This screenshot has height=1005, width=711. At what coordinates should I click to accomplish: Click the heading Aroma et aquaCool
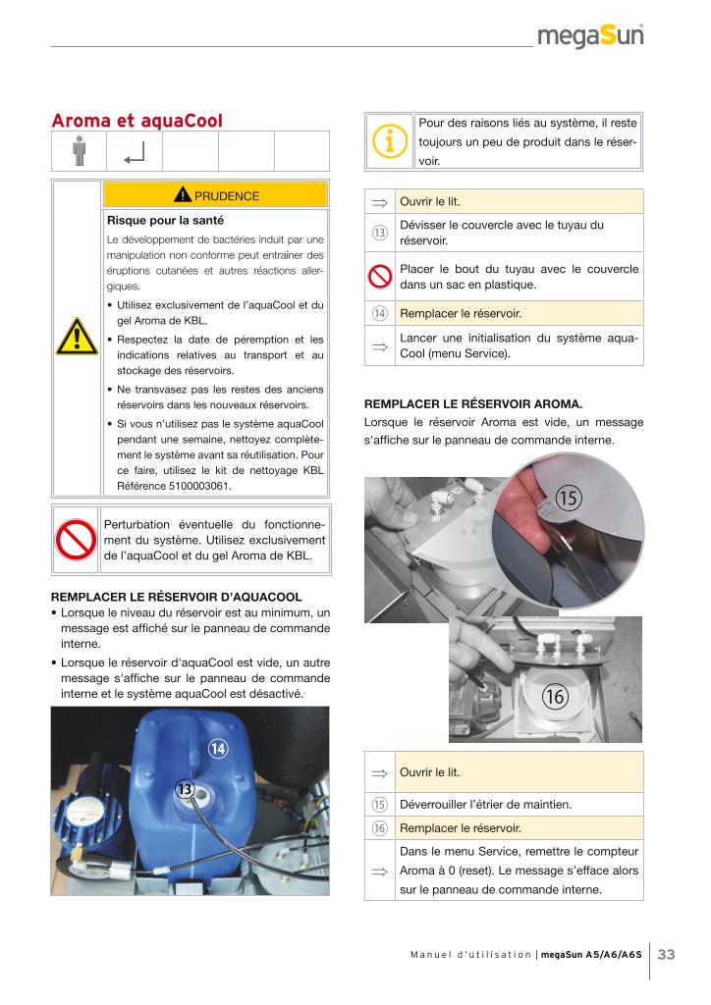pos(137,121)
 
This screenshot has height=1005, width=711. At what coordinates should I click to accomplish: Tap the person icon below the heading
pos(79,152)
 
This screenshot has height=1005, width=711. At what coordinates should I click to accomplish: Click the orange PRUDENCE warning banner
pos(215,195)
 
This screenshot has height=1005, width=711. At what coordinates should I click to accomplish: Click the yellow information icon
pos(390,141)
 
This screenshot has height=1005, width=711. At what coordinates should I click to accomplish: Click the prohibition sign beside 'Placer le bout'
pos(379,277)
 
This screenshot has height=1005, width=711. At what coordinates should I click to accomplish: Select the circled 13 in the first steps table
pos(379,232)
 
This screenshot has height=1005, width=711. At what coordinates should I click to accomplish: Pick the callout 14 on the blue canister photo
pos(217,750)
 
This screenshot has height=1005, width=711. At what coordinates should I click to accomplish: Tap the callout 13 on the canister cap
pos(184,789)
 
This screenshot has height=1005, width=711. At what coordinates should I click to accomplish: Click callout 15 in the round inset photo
pos(568,498)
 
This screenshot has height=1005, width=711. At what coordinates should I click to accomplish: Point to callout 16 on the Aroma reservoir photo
pos(554,697)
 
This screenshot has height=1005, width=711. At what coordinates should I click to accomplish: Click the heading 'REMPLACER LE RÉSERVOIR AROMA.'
pos(473,402)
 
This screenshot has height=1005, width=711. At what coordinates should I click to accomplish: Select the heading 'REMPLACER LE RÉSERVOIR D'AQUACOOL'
pos(176,596)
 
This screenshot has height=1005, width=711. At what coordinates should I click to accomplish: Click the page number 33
pos(666,955)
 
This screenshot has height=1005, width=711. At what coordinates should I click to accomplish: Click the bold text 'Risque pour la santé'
pos(165,220)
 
